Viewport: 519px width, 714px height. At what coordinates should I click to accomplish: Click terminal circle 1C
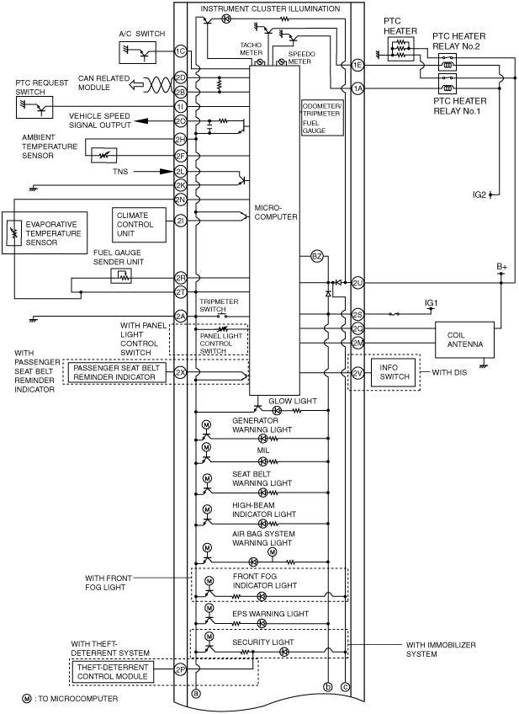coord(181,51)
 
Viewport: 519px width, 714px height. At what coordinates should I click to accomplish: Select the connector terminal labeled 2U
coord(358,283)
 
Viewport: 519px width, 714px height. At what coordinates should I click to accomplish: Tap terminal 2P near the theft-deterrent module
coord(181,669)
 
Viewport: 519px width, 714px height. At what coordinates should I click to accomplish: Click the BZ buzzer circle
coord(316,256)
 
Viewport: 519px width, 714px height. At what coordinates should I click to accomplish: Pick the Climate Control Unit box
coord(139,225)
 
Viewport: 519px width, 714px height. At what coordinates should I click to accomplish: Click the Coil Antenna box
coord(464,339)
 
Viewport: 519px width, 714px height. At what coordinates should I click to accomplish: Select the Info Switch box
coord(394,372)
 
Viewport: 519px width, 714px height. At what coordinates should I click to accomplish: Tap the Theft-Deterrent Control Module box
coord(113,672)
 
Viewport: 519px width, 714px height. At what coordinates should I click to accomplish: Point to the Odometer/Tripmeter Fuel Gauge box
coord(322,118)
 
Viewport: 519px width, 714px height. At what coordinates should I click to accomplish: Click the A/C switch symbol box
coord(137,52)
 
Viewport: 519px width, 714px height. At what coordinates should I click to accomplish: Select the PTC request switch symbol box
coord(34,107)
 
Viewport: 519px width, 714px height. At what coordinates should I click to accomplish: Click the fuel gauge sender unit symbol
coord(121,275)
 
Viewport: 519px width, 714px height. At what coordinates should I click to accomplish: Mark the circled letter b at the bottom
coord(327,687)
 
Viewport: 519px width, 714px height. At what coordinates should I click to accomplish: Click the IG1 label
coord(431,303)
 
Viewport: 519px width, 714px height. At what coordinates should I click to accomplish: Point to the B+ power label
coord(501,266)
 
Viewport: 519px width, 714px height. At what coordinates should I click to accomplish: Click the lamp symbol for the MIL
coord(262,461)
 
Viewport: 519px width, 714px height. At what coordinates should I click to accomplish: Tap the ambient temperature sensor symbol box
coord(103,155)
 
